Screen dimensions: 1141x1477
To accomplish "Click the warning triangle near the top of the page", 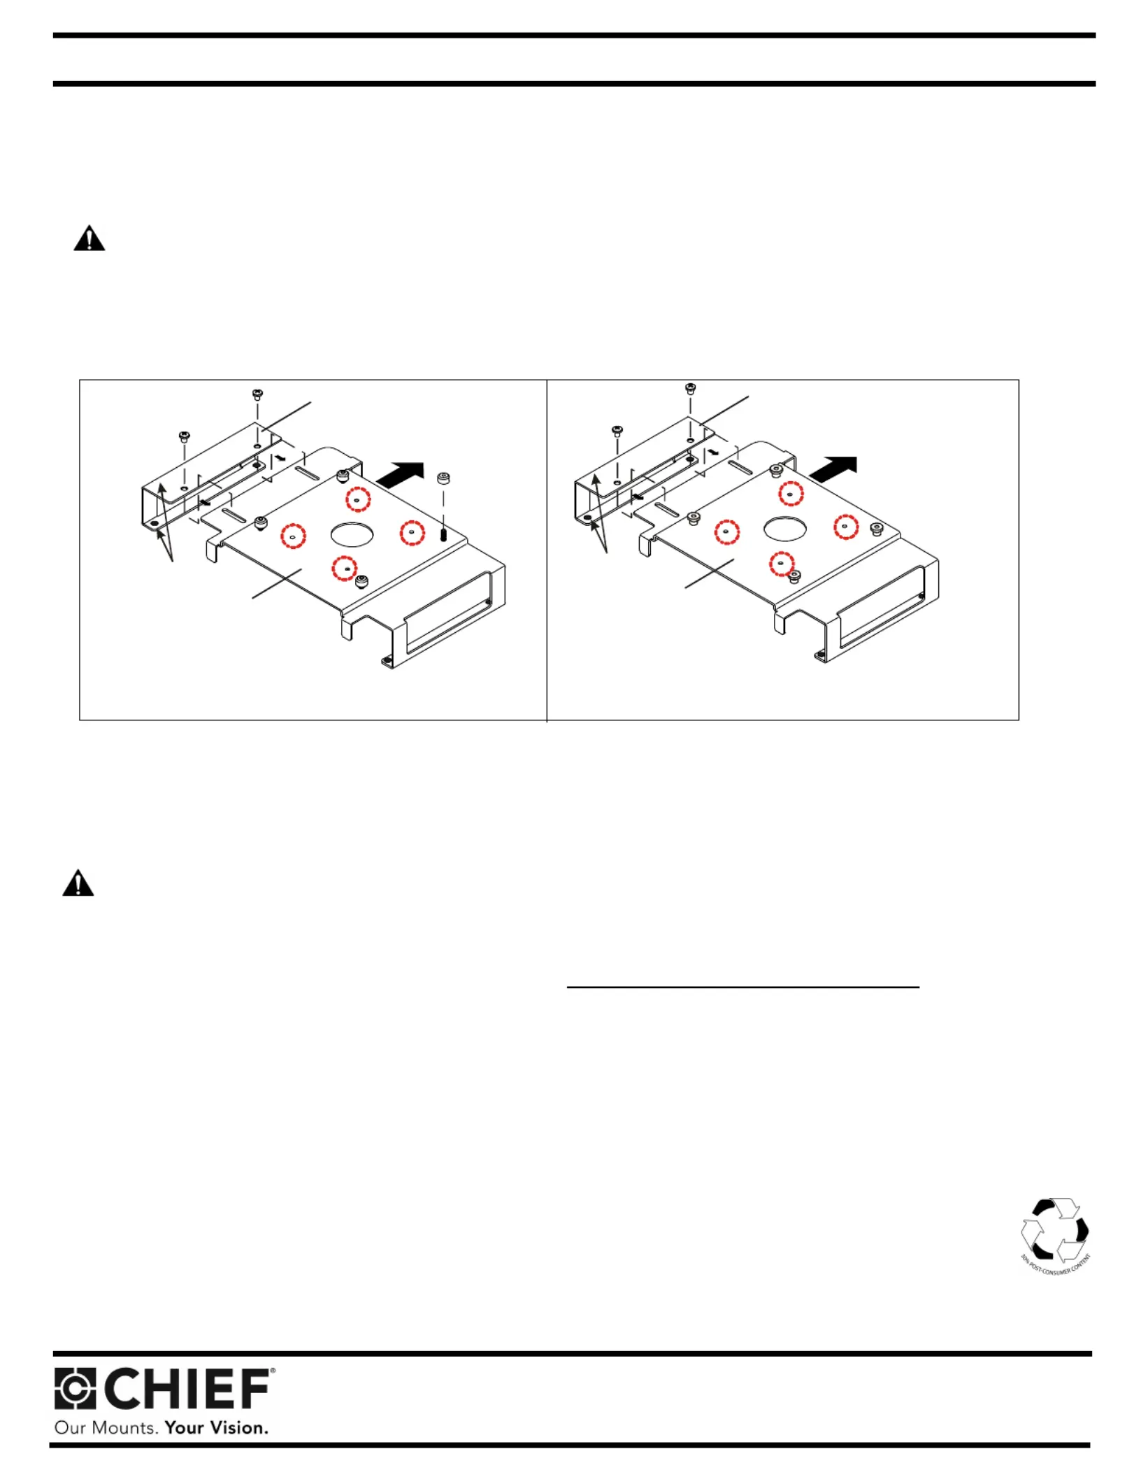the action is click(x=89, y=239).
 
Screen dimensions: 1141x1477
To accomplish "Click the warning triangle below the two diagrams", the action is click(x=78, y=883).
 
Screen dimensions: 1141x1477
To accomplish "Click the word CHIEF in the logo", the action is click(x=188, y=1389).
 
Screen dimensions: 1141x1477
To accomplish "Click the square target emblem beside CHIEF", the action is click(x=75, y=1388).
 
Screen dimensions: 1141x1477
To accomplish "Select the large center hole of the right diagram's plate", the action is click(x=785, y=529).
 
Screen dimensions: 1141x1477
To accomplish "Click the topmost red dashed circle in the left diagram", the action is click(x=358, y=499).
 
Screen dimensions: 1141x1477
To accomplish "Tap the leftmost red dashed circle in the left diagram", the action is click(x=293, y=536).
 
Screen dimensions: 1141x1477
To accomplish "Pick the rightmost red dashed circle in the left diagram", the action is click(x=412, y=533).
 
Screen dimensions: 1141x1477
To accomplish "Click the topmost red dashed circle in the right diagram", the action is click(x=791, y=493).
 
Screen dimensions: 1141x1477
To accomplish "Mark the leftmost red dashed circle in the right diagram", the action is click(x=726, y=531).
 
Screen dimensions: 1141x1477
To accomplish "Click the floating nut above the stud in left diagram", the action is click(x=443, y=478).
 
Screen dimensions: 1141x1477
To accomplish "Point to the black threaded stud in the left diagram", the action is click(x=444, y=535).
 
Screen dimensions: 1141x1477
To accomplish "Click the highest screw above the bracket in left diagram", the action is click(x=257, y=394).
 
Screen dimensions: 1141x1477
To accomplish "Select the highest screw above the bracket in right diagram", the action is click(x=690, y=388).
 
